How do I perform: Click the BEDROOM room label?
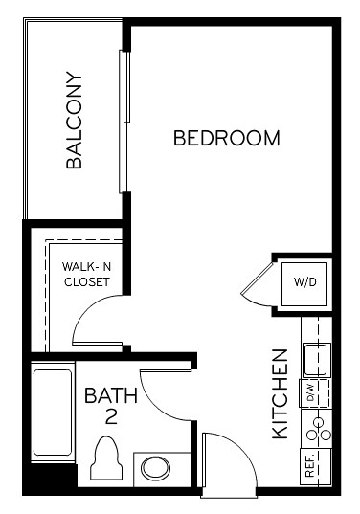point(227,138)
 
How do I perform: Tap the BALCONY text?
point(76,122)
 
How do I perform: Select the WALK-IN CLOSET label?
point(86,274)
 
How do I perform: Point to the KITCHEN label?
point(281,393)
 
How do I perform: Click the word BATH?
point(111,394)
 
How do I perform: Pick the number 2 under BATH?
point(111,417)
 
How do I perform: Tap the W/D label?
point(304,282)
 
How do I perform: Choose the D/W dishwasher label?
point(311,392)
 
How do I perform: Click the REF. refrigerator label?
point(311,466)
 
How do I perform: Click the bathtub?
point(52,412)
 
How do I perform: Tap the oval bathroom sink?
point(154,469)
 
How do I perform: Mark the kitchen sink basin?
point(315,359)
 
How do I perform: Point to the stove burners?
point(317,427)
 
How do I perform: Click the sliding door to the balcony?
point(123,120)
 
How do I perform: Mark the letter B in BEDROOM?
point(180,138)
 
